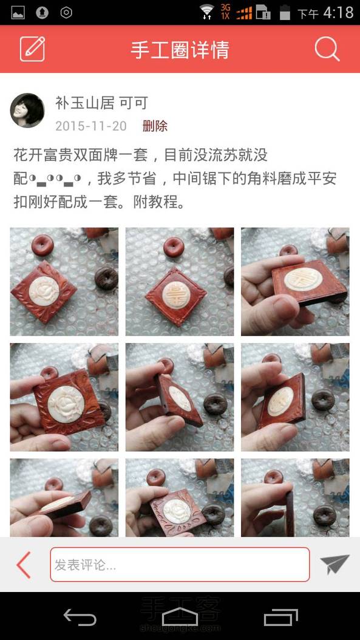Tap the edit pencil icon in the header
pos(32,49)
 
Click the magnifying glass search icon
pos(327,49)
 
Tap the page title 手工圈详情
pos(180,50)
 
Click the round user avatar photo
pos(27,110)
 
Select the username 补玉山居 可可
pos(101,103)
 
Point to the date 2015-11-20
pos(91,126)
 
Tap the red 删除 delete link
pos(155,126)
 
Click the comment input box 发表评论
pos(180,565)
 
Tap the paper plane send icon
pos(335,564)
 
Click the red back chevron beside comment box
pos(24,565)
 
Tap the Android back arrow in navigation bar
pos(80,616)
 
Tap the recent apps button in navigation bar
pos(280,617)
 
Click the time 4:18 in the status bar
pos(338,13)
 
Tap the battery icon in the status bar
pos(285,12)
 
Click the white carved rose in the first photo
pos(44,291)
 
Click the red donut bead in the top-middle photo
pos(174,247)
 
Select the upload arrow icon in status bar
pos(42,13)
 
